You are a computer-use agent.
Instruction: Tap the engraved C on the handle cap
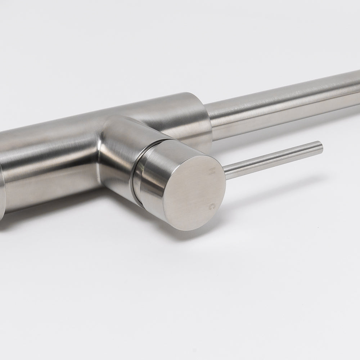(x=212, y=207)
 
